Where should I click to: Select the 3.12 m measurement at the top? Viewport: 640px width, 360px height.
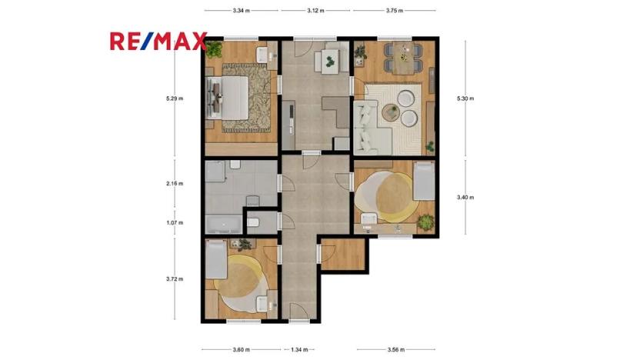315,11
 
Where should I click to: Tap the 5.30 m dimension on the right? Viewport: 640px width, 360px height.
465,98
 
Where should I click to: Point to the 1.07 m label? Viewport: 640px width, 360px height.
176,222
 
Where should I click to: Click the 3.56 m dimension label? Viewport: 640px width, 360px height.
396,349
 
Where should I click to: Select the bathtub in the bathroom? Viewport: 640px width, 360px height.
222,223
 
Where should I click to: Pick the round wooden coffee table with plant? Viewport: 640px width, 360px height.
391,113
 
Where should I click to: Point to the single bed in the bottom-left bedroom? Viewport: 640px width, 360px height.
218,260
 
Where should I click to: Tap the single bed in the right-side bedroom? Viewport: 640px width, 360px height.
423,185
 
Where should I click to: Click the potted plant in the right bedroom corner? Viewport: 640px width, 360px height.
426,223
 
